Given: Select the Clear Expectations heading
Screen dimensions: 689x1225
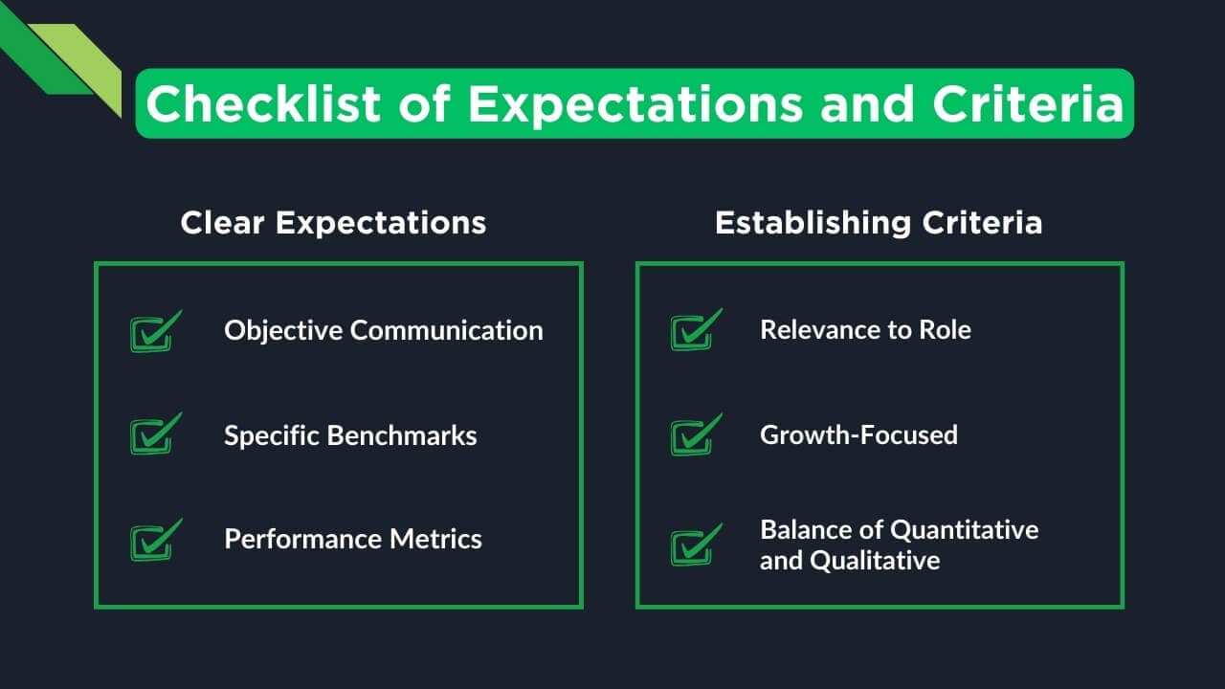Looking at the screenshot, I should tap(333, 223).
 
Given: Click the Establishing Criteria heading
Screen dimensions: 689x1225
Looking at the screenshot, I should tap(878, 223).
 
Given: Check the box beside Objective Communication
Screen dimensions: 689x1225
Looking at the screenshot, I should tap(152, 332).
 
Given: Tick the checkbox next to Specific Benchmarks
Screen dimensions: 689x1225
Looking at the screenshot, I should tap(152, 435).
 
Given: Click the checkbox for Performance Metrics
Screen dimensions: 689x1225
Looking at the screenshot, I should tap(152, 541).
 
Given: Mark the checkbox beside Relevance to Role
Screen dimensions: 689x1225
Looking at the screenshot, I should tap(693, 332).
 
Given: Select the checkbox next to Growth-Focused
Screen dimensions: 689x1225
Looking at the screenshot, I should tap(693, 435).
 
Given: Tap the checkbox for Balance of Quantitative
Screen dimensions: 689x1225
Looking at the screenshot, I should tap(693, 545).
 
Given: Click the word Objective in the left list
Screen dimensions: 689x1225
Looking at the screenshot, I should tap(284, 330).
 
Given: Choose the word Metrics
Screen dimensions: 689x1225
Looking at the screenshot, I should tap(436, 539).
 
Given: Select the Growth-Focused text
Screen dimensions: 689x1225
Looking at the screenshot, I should tap(858, 434).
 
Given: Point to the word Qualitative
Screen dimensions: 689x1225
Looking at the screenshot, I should tap(875, 560).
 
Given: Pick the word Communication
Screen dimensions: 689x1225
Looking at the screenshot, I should tap(446, 330).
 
